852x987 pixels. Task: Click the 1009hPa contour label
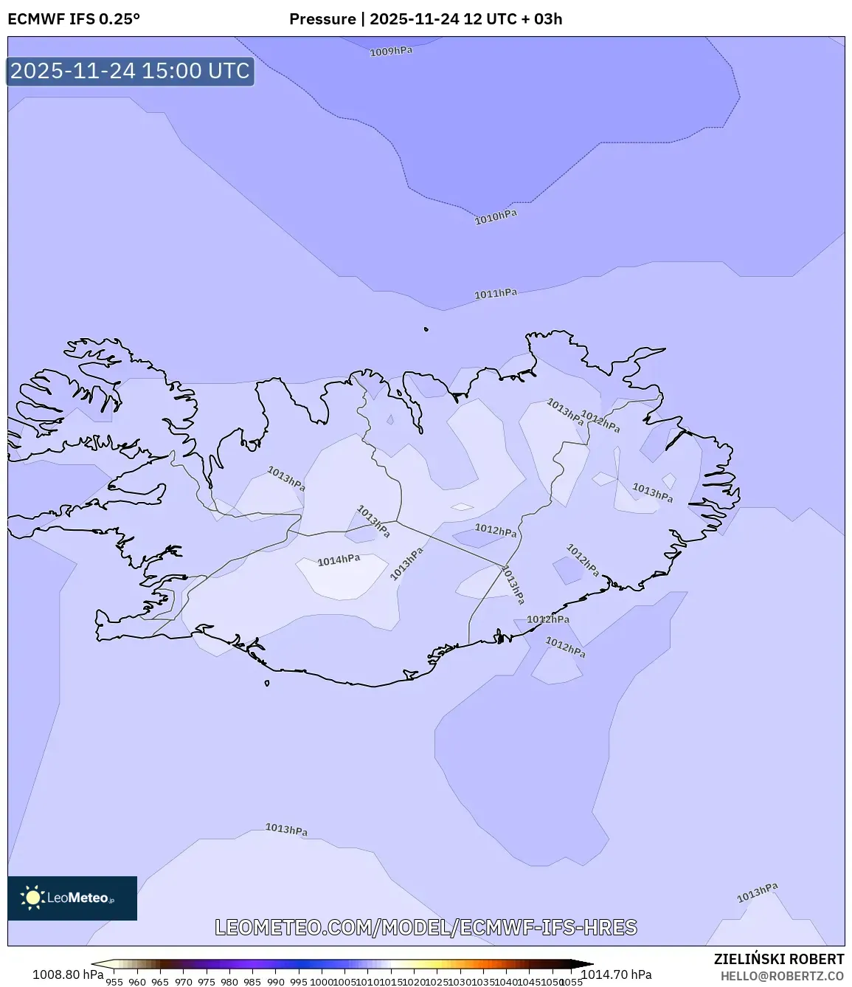point(391,52)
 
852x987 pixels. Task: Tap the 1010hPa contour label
point(496,217)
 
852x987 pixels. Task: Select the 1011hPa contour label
point(496,294)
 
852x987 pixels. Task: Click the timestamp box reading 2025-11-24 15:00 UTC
point(131,71)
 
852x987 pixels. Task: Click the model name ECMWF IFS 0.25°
point(74,19)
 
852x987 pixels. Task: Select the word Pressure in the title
point(322,19)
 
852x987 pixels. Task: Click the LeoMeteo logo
point(72,898)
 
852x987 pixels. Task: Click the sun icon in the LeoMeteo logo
point(32,898)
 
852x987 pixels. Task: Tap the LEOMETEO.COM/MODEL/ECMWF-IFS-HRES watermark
point(426,927)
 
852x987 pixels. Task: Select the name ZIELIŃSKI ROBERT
point(779,959)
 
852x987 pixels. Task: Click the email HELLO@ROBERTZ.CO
point(782,975)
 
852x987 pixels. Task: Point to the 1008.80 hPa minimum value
point(68,974)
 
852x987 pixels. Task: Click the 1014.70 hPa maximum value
point(617,974)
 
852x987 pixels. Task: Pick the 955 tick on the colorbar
point(114,982)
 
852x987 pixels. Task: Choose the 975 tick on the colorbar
point(207,982)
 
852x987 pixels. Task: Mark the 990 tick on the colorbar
point(275,982)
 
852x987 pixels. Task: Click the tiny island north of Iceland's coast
point(426,330)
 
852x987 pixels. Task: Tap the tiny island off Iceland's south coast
point(267,683)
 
